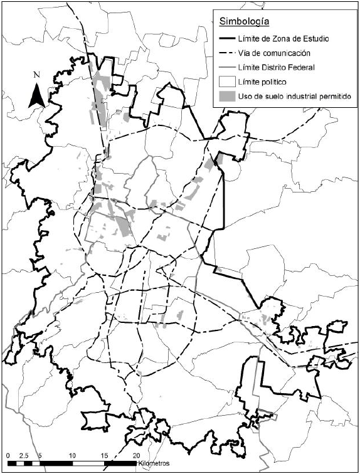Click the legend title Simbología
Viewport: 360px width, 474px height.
pos(244,22)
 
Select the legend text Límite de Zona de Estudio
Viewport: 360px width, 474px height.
pos(280,39)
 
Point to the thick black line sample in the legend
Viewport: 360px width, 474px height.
pos(225,39)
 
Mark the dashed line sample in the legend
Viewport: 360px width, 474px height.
pos(225,53)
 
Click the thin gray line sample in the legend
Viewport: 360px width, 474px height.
pos(225,67)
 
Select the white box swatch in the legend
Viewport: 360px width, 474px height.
pos(225,81)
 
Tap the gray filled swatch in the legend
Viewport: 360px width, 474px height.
pos(225,95)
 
